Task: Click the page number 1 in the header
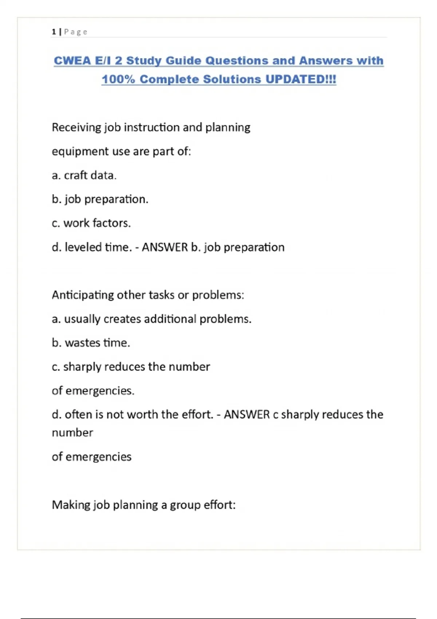pos(54,32)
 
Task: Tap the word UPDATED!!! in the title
pos(300,79)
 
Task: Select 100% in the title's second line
pos(118,79)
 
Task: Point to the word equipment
pos(80,151)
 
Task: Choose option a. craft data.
pos(84,176)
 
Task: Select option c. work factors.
pos(91,223)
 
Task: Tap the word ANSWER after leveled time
pos(165,247)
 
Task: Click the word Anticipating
pos(83,295)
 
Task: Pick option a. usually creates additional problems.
pos(151,319)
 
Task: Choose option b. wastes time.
pos(91,343)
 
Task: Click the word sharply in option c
pos(82,367)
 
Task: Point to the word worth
pos(142,414)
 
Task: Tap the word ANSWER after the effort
pos(247,414)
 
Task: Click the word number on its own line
pos(72,433)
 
